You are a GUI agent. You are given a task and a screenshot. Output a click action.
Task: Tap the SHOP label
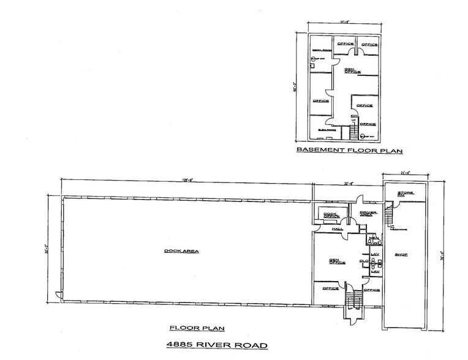pos(401,254)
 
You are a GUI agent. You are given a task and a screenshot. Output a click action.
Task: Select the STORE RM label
pos(406,194)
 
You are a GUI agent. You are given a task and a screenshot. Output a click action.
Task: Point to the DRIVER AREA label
pos(367,213)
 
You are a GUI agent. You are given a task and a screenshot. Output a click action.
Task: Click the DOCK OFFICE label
pos(331,214)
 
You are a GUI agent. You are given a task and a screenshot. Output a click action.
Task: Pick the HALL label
pos(337,229)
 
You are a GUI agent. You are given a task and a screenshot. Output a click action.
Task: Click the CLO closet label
pos(363,261)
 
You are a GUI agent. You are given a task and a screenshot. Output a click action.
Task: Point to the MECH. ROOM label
pos(322,50)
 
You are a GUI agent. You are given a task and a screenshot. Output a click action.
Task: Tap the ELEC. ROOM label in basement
pos(325,130)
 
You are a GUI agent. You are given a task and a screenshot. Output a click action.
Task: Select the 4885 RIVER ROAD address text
pos(217,345)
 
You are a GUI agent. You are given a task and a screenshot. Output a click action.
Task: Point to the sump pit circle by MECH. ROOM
pos(312,59)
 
